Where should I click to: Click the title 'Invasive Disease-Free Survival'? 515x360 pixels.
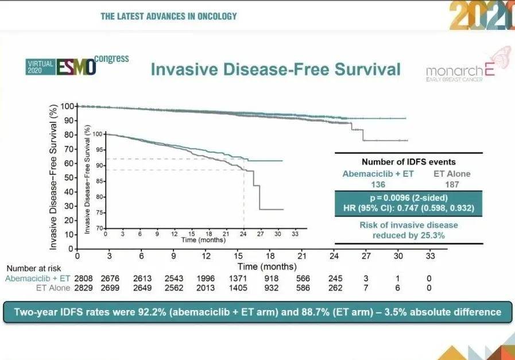click(x=275, y=69)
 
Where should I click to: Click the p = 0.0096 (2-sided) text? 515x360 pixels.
click(x=408, y=197)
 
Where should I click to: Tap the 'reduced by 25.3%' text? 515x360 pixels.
click(x=408, y=235)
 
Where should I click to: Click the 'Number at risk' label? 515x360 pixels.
click(x=34, y=268)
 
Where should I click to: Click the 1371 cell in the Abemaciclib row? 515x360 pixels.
click(x=237, y=278)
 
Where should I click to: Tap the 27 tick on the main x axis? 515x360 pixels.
click(x=366, y=257)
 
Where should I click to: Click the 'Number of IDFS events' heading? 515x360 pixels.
click(x=408, y=162)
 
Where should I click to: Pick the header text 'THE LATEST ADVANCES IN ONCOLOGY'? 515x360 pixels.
click(x=168, y=16)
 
